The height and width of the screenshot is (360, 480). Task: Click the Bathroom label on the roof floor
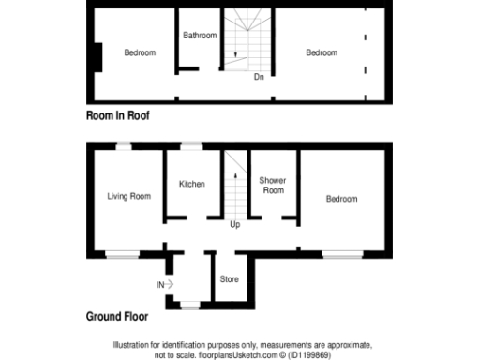click(200, 36)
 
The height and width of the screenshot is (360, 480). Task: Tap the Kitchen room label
click(192, 184)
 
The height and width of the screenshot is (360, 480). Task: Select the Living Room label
click(129, 196)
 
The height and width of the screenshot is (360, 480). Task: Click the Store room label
click(229, 279)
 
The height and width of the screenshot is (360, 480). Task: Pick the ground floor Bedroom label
click(342, 199)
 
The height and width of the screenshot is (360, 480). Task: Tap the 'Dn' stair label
click(259, 77)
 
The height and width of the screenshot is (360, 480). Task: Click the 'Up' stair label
click(235, 225)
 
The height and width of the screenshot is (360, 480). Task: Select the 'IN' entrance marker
click(160, 283)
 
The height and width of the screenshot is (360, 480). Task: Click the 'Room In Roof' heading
click(117, 116)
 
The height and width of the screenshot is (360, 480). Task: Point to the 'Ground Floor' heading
click(116, 317)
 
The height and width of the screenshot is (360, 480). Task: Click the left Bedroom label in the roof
click(140, 52)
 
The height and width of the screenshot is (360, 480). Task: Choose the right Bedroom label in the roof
click(322, 52)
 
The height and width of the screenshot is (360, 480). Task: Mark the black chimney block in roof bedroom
click(96, 55)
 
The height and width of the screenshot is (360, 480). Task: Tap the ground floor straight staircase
click(234, 183)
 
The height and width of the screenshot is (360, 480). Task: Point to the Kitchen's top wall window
click(191, 145)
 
